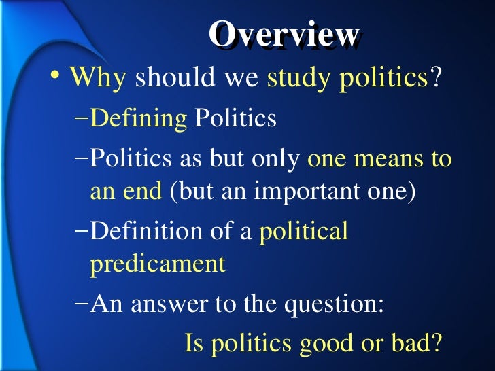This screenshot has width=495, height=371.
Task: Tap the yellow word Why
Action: (97, 79)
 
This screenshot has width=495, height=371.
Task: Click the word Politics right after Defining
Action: (235, 119)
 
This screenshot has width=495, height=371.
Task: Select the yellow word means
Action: (387, 160)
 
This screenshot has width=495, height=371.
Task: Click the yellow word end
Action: (145, 191)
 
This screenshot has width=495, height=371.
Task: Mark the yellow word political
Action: (304, 232)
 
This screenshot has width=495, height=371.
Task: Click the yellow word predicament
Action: (157, 264)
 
